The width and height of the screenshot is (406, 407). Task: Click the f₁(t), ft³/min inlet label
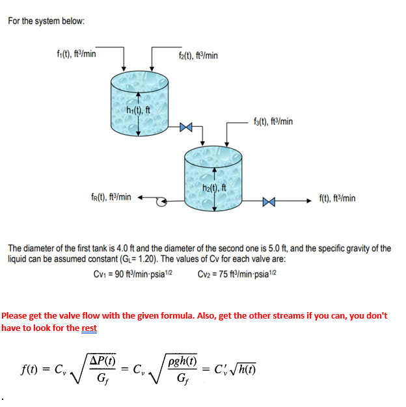(x=76, y=54)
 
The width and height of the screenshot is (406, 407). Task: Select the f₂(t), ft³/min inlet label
(x=198, y=56)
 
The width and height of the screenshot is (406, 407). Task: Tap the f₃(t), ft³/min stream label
(x=272, y=121)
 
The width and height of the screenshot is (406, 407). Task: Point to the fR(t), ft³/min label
(x=111, y=197)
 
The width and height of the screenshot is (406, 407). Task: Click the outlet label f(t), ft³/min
(x=337, y=198)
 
